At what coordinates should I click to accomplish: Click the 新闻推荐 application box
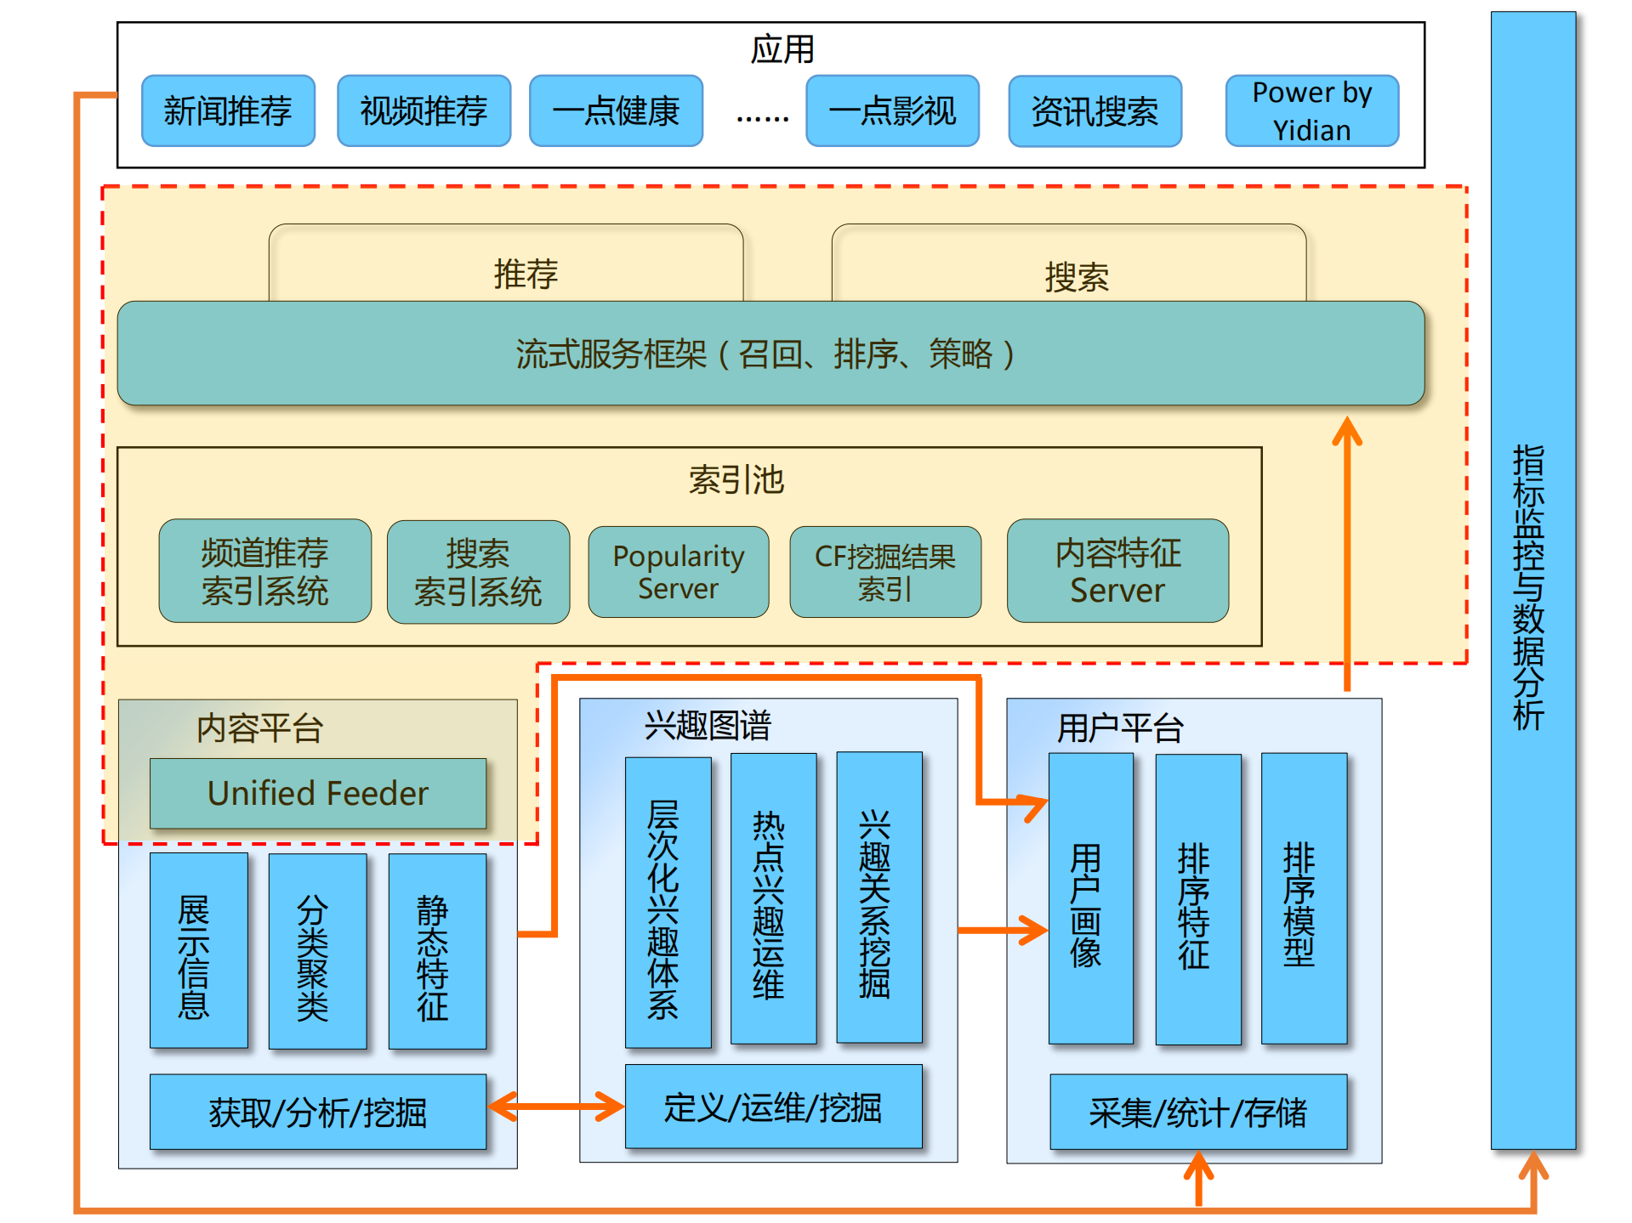228,111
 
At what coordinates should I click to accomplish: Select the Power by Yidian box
1311,111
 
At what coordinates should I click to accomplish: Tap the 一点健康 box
616,111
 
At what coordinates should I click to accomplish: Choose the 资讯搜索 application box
1095,111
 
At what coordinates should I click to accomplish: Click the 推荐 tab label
526,274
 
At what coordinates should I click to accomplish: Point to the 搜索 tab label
1076,277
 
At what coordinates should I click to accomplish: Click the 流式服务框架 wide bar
770,354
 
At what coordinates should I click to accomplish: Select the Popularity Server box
678,572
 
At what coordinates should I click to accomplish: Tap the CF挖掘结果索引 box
884,572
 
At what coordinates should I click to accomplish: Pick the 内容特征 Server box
1117,571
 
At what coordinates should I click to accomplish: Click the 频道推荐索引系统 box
264,571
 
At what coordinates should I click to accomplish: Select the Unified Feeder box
318,793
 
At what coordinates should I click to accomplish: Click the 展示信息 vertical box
198,950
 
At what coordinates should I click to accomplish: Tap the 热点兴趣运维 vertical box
773,899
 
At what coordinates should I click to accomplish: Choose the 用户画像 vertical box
1090,899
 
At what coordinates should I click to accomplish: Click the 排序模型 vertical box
1303,899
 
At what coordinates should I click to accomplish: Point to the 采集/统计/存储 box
1197,1112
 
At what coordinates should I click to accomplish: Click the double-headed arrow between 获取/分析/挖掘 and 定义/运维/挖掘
556,1107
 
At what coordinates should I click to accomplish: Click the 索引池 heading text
736,480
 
